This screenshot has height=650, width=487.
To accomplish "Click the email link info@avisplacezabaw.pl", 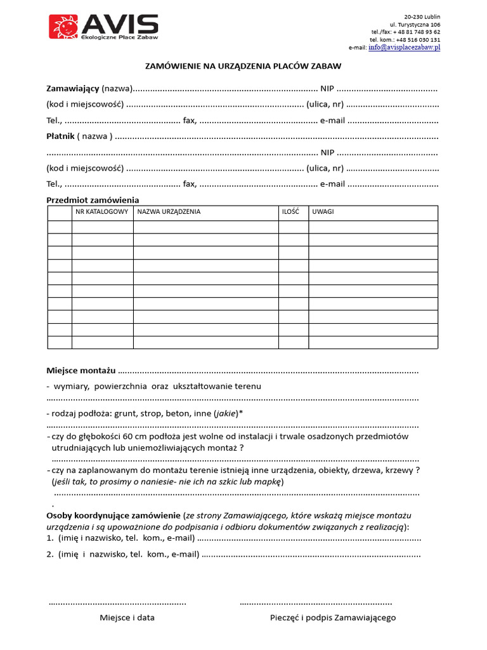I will pyautogui.click(x=404, y=48).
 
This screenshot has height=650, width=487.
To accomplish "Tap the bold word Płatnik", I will pyautogui.click(x=60, y=136).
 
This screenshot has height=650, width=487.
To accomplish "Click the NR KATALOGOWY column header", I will pyautogui.click(x=102, y=212).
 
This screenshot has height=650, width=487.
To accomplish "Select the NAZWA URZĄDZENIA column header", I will pyautogui.click(x=169, y=212).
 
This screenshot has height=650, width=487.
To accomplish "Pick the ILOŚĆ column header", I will pyautogui.click(x=290, y=212).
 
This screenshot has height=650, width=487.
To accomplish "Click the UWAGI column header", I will pyautogui.click(x=323, y=212).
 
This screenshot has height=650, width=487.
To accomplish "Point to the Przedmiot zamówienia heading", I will pyautogui.click(x=93, y=200).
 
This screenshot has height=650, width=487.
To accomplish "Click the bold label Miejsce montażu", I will pyautogui.click(x=81, y=370).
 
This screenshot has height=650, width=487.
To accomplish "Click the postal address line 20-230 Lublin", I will pyautogui.click(x=422, y=17).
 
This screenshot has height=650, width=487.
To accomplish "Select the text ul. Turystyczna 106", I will pyautogui.click(x=415, y=24).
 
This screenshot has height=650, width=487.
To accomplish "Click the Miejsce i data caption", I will pyautogui.click(x=127, y=618).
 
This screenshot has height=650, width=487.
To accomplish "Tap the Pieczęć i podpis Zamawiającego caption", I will pyautogui.click(x=333, y=618).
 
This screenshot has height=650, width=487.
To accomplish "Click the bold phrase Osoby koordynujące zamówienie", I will pyautogui.click(x=114, y=515).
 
